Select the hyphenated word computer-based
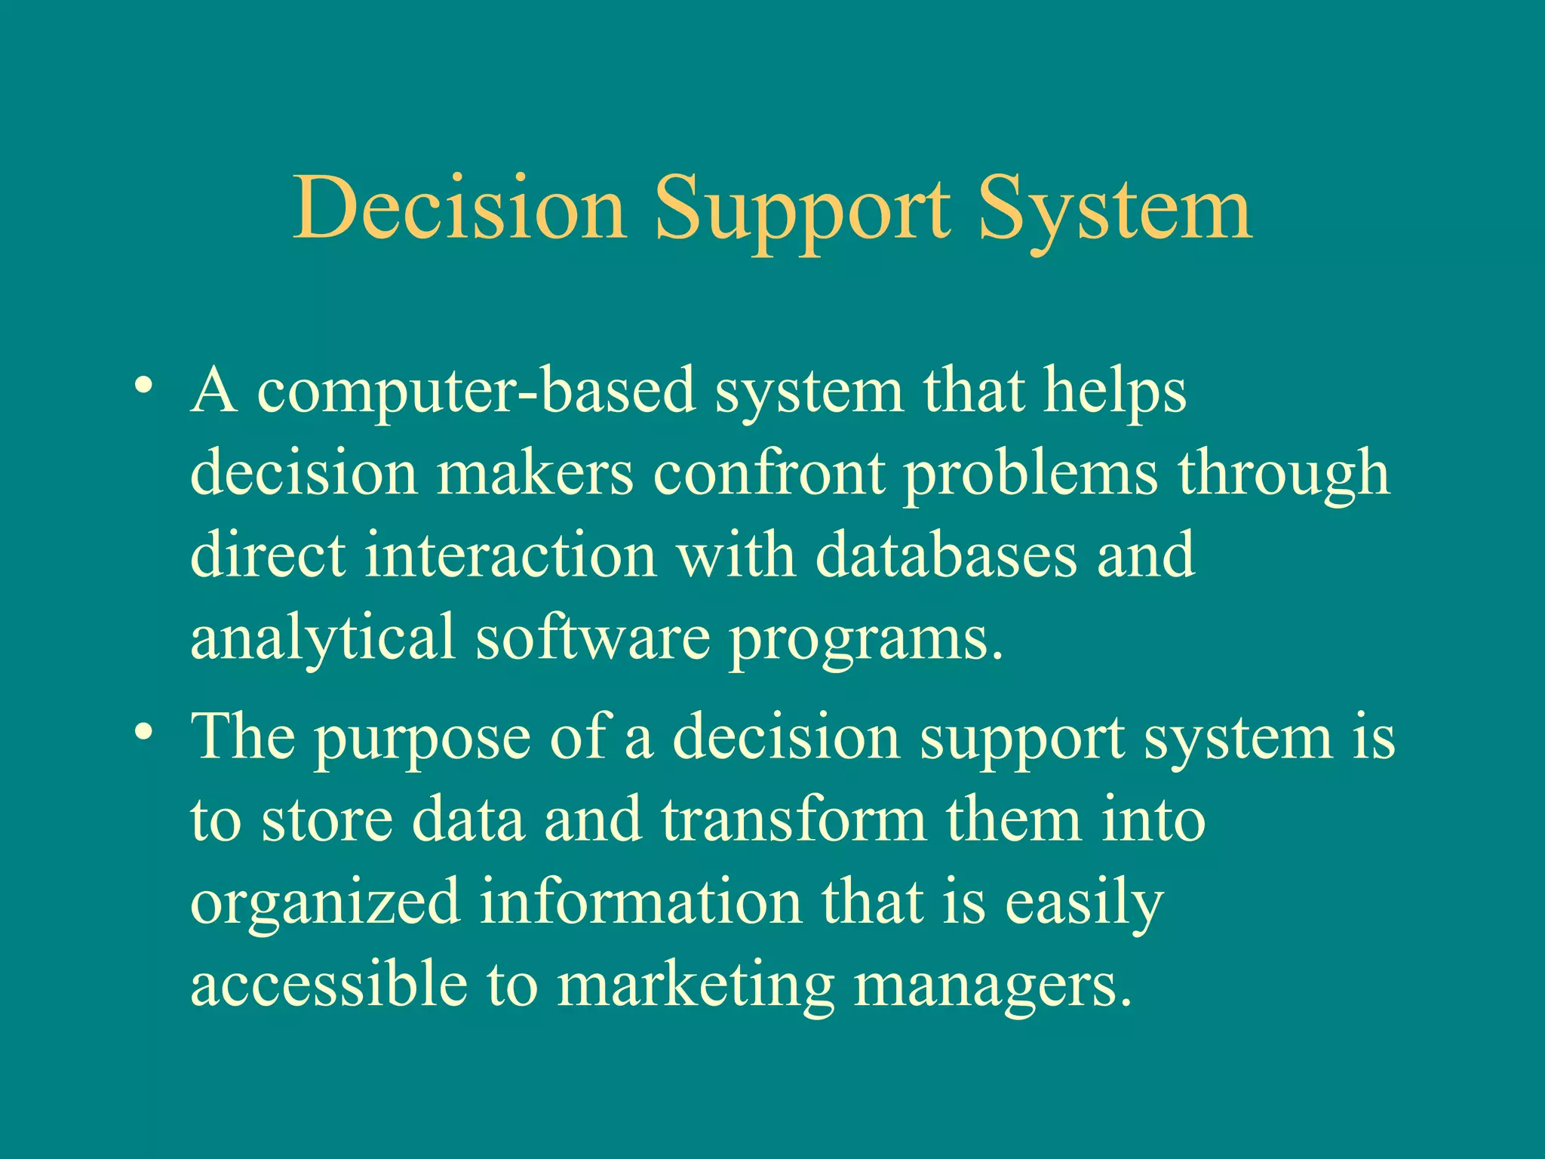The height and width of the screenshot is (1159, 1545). (476, 392)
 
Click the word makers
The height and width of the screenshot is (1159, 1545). (535, 473)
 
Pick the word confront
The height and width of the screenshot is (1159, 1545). (769, 473)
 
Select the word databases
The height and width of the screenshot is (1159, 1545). (946, 555)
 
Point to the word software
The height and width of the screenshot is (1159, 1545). (592, 636)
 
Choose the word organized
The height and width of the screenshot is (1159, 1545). (325, 903)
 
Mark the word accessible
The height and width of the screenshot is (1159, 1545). (329, 983)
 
